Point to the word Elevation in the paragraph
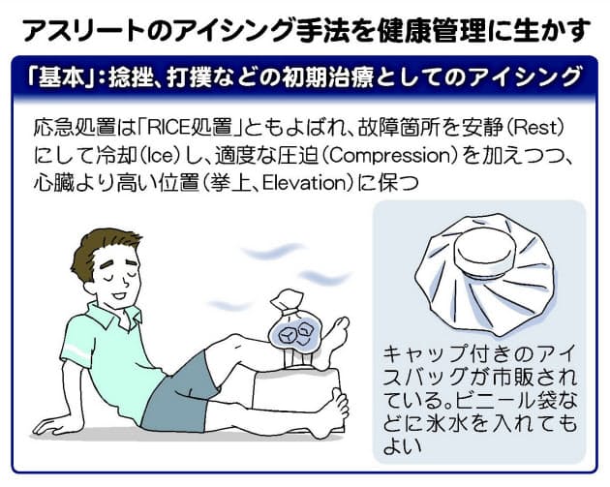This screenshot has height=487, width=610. coord(304,183)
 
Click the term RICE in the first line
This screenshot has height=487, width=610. coord(168,128)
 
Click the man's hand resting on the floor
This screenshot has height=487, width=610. coord(50,424)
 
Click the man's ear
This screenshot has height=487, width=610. coord(90,287)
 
